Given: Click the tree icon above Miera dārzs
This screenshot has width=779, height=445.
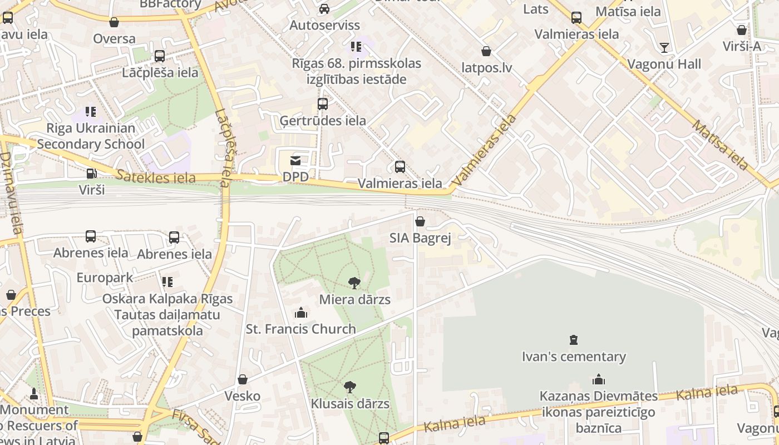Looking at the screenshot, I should [x=354, y=283].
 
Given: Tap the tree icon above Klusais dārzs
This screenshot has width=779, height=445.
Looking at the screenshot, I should [x=350, y=387].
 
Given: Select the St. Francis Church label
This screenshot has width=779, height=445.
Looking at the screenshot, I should [x=301, y=329].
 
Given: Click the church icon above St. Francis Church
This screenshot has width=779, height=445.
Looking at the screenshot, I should [x=301, y=313].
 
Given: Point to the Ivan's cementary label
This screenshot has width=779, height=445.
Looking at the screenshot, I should [x=574, y=357].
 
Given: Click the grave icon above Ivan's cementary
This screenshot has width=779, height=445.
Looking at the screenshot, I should [x=574, y=340].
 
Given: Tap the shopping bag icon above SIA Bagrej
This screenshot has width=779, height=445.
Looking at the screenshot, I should [x=420, y=221].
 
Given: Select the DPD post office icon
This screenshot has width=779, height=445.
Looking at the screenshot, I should [x=295, y=161].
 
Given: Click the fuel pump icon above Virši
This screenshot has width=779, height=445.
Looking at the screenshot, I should [x=92, y=174].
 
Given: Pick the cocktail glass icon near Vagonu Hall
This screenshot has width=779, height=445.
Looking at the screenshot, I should [x=664, y=47].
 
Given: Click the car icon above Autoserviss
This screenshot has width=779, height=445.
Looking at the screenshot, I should [x=324, y=9].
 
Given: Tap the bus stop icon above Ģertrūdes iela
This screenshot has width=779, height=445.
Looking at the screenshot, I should [x=323, y=104].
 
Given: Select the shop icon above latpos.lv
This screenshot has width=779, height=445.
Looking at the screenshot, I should [x=486, y=51].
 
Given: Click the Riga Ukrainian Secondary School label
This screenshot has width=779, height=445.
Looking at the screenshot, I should [x=91, y=136].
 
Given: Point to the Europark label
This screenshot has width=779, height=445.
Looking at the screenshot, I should [x=105, y=278].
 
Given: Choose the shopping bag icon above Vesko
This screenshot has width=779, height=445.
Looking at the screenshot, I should [x=243, y=379].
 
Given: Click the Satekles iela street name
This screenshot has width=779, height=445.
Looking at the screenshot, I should [x=156, y=177].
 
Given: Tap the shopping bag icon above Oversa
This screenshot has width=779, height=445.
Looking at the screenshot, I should [x=114, y=22].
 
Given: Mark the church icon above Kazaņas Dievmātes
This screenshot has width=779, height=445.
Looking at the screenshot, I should [x=599, y=380].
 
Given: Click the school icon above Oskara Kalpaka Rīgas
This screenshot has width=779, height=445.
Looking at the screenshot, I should [x=167, y=282].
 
